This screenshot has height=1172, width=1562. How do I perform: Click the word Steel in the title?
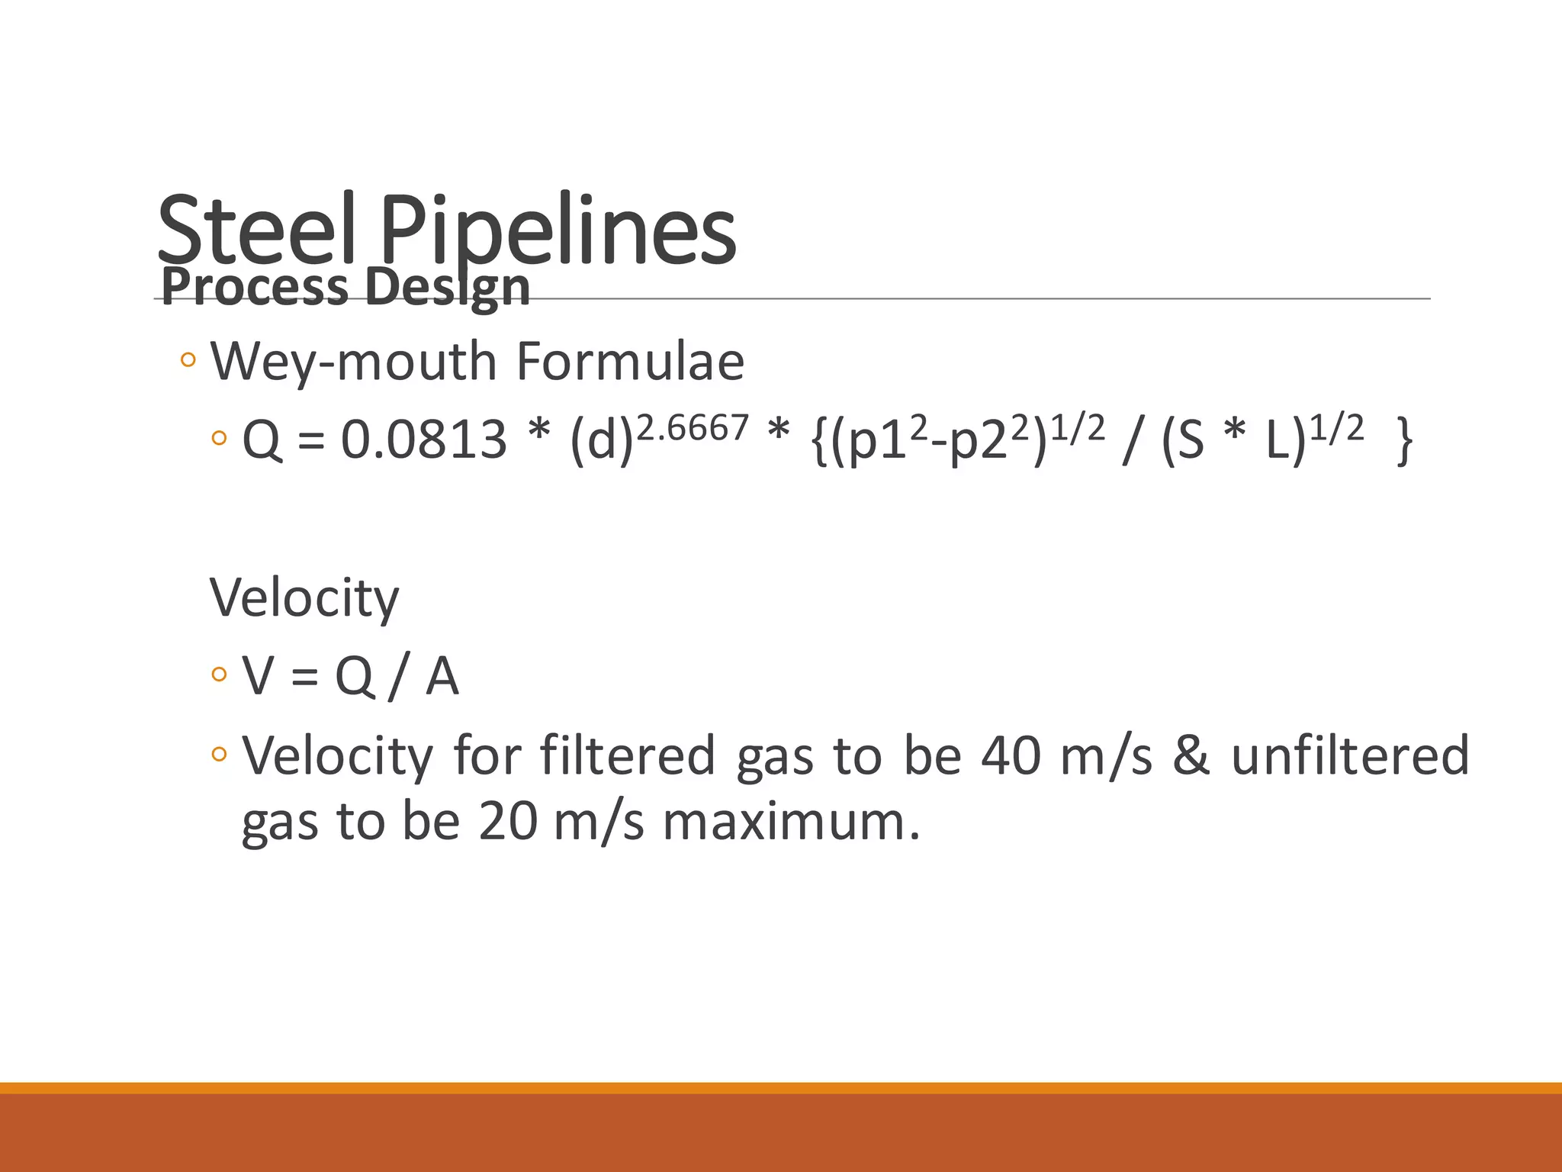click(x=256, y=229)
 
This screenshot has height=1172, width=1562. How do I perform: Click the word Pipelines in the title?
click(x=557, y=229)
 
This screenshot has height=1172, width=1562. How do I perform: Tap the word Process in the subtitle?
click(x=255, y=287)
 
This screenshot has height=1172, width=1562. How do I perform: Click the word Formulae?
click(x=630, y=361)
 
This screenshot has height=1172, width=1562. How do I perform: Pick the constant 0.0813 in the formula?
click(x=423, y=439)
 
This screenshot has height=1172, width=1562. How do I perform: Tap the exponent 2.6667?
click(x=693, y=427)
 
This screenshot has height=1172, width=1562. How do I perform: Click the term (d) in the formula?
click(x=602, y=441)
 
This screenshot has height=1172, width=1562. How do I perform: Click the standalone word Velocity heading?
click(x=304, y=597)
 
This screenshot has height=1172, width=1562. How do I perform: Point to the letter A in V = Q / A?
click(x=442, y=676)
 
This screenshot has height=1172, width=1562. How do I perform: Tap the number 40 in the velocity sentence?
click(x=1011, y=755)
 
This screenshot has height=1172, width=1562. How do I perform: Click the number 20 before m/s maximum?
click(x=508, y=822)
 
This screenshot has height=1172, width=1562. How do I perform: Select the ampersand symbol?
click(x=1191, y=755)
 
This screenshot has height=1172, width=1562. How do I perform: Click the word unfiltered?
click(x=1350, y=755)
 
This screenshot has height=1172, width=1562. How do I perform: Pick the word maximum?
click(x=791, y=822)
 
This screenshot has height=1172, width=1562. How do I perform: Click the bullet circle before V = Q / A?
click(x=220, y=675)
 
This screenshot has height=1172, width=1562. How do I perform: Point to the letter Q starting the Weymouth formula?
click(x=262, y=441)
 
